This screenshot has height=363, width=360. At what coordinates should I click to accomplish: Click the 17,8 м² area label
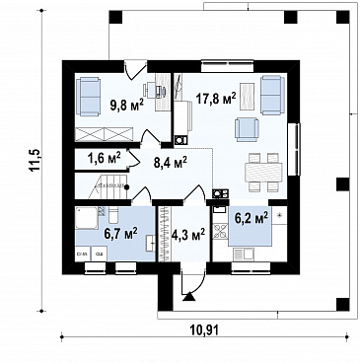(x=216, y=98)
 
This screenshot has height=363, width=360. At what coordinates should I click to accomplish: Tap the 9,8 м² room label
(x=127, y=105)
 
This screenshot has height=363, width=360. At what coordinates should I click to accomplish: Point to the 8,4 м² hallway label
(x=171, y=163)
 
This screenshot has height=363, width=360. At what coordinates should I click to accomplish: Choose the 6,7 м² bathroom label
(x=120, y=234)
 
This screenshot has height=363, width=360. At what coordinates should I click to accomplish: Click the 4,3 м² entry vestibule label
(x=188, y=235)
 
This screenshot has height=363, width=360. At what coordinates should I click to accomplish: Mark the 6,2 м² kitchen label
(x=252, y=218)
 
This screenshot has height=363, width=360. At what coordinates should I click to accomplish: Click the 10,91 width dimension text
(x=204, y=329)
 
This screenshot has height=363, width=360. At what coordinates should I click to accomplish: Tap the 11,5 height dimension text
(x=35, y=160)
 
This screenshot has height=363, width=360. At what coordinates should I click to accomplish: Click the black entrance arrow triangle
(x=188, y=297)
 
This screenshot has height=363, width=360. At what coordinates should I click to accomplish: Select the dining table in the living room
(x=263, y=173)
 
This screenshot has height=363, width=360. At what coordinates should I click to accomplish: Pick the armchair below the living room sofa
(x=247, y=129)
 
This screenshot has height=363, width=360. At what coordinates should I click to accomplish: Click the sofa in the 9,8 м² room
(x=88, y=97)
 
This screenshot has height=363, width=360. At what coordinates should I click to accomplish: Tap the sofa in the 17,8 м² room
(x=272, y=95)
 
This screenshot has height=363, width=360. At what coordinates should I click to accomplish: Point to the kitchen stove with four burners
(x=220, y=230)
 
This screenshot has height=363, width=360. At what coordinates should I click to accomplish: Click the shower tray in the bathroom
(x=87, y=218)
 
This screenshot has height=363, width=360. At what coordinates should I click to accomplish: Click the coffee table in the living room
(x=248, y=96)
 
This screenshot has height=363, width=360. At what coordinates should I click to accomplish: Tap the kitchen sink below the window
(x=244, y=254)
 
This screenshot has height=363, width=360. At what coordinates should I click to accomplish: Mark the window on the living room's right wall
(x=294, y=149)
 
